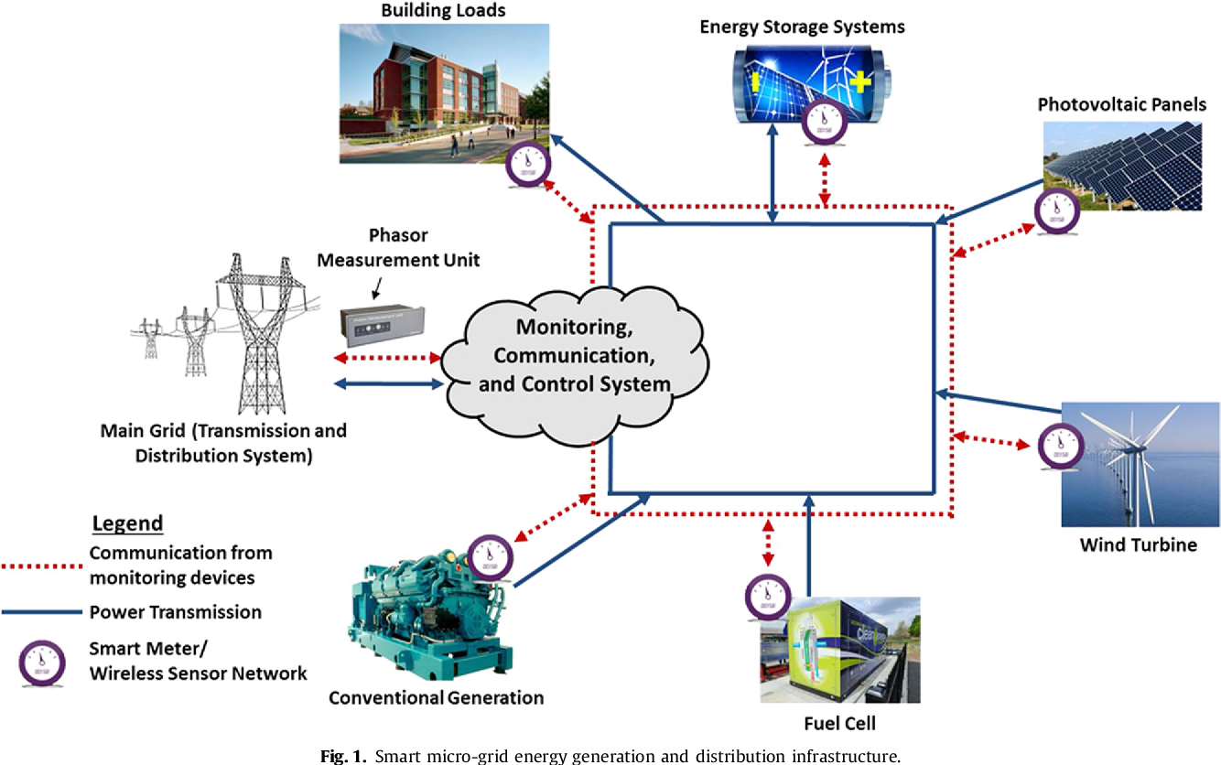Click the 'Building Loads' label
coord(443,10)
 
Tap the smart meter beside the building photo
coord(527,165)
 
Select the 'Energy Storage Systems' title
coord(802,27)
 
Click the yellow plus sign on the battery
coord(859,81)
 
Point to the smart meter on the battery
coord(824,123)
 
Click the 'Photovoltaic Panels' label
coord(1122,104)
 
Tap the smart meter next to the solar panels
coord(1057,211)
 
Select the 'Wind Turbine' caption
coord(1138,544)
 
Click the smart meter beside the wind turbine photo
coord(1060,447)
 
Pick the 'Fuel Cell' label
coord(839,724)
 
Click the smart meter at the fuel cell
coord(768,598)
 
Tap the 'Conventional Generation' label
coord(436,697)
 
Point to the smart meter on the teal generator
coord(490,558)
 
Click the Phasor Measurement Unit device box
coord(382,325)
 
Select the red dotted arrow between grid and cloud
coord(387,358)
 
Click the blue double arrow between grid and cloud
coord(389,384)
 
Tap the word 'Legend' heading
coord(127,523)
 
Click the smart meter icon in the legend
coord(42,663)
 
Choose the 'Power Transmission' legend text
coord(176,612)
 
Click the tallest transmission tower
coord(262,333)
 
